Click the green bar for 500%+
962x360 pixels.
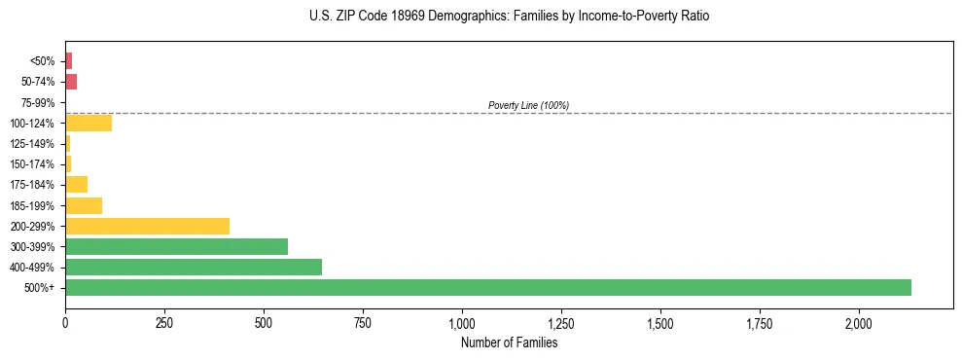[x=487, y=287]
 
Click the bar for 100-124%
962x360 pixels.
[x=89, y=123]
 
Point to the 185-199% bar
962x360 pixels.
[x=84, y=205]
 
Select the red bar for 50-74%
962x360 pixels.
[x=71, y=82]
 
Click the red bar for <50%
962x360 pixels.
[x=68, y=60]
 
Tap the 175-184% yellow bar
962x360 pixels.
[x=76, y=184]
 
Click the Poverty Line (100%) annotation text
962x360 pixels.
[x=528, y=105]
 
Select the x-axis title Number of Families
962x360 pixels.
[x=509, y=342]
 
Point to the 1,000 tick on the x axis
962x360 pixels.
[x=462, y=322]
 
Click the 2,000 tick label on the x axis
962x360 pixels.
[x=859, y=322]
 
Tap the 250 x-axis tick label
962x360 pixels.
[x=164, y=322]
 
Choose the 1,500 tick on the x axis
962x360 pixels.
[x=660, y=322]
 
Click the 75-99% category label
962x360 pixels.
[x=38, y=102]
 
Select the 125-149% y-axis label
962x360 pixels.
[x=34, y=143]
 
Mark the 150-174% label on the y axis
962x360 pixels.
[x=34, y=163]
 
